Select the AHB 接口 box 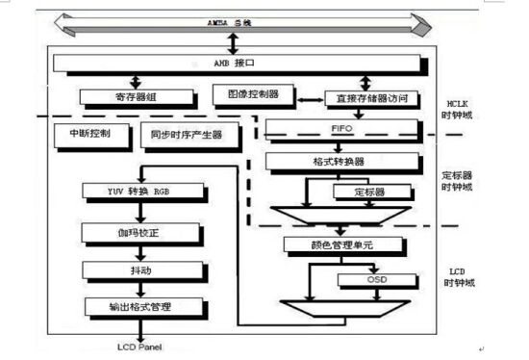236,64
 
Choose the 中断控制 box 89,133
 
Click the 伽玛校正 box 144,232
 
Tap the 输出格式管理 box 144,306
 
